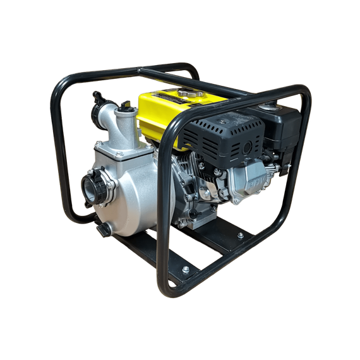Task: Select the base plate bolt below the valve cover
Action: point(241,236)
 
